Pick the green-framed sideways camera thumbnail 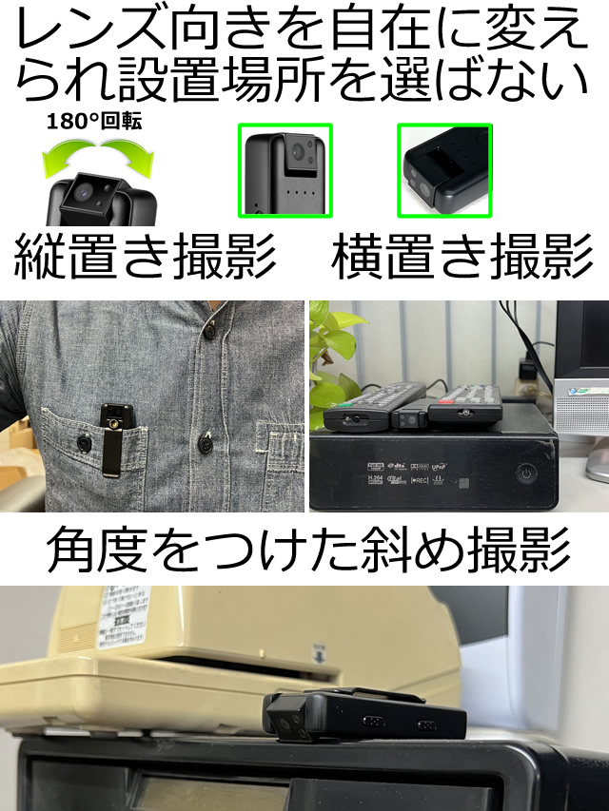click(443, 170)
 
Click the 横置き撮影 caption click(462, 254)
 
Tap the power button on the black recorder click(527, 472)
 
